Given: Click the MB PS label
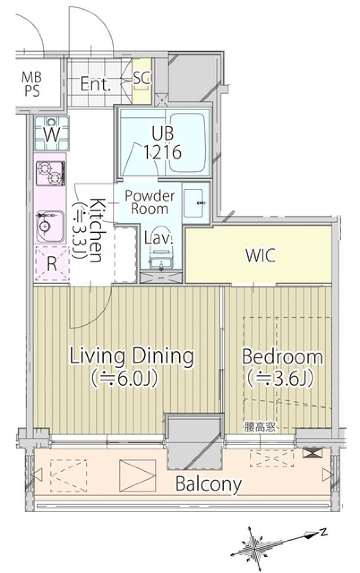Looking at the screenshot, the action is tap(31, 84).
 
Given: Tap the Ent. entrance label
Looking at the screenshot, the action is tap(96, 84).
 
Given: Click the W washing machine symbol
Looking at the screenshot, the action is tap(52, 133).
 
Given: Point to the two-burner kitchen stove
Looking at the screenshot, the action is tap(50, 173).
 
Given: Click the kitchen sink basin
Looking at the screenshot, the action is tap(50, 226).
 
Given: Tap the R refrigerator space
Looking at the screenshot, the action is tap(52, 263).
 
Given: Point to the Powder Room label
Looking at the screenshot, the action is tap(150, 202).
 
